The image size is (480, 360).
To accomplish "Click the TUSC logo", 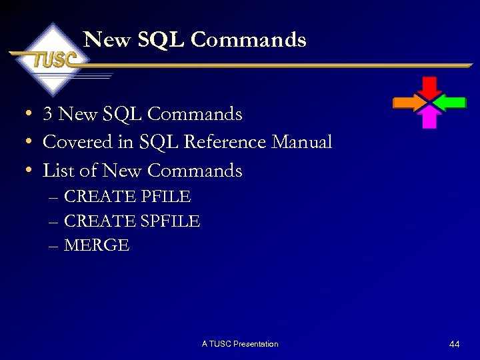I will click(53, 59).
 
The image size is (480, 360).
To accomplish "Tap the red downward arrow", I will click(430, 87).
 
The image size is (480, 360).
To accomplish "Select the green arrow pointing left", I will click(453, 102).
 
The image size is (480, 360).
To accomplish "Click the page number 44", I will click(455, 344).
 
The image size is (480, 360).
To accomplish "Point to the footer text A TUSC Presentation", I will click(240, 344).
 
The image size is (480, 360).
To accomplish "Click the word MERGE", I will click(97, 245).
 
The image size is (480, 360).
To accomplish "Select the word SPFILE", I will click(169, 221).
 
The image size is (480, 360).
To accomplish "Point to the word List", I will click(58, 171).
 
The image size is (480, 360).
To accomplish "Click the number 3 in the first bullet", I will click(47, 114).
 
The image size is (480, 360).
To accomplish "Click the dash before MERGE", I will click(53, 246).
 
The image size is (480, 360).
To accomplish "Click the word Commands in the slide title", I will click(248, 40).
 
